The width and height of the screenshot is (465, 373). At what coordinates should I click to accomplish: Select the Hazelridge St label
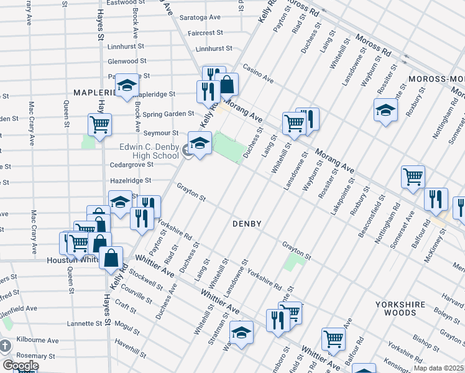tap(131, 180)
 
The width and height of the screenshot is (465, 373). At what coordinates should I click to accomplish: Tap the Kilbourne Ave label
tap(37, 341)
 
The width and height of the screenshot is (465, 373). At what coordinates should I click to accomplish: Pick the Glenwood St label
tap(127, 61)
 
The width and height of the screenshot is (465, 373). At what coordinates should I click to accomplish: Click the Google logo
tap(21, 366)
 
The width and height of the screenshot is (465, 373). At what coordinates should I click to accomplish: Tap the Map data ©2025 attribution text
tap(438, 368)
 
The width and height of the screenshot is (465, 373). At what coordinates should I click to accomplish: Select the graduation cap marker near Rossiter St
tap(385, 110)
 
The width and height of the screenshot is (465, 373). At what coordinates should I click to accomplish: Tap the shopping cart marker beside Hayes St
tap(99, 125)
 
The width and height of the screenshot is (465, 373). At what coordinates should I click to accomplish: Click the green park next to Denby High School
tap(229, 147)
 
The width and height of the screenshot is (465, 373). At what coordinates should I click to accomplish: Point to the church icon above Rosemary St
tap(4, 346)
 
